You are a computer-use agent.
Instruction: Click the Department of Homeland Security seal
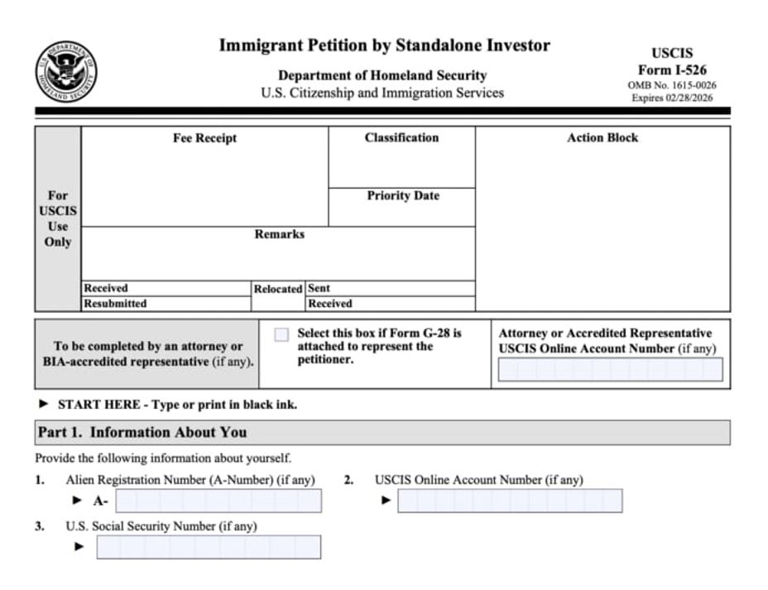(x=66, y=71)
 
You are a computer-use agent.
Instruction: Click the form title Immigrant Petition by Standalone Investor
(x=384, y=46)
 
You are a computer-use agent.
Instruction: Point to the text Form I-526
(x=672, y=70)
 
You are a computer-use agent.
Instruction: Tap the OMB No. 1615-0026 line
(x=672, y=85)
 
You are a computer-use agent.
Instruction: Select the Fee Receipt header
(x=204, y=138)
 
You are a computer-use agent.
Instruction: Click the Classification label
(x=401, y=137)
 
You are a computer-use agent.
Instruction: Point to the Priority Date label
(x=403, y=196)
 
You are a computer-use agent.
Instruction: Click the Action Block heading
(x=602, y=138)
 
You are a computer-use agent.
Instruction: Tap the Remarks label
(x=279, y=234)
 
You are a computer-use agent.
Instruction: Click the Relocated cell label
(x=277, y=289)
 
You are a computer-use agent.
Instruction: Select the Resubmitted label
(x=115, y=304)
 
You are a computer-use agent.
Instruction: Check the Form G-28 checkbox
(x=282, y=334)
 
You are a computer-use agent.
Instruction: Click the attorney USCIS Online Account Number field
(x=610, y=369)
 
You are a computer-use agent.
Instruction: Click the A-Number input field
(x=218, y=501)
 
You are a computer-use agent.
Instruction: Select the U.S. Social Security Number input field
(x=209, y=547)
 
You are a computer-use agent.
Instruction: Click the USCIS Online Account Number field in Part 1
(x=510, y=501)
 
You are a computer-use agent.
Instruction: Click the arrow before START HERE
(x=43, y=405)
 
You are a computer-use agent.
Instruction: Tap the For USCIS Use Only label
(x=57, y=219)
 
